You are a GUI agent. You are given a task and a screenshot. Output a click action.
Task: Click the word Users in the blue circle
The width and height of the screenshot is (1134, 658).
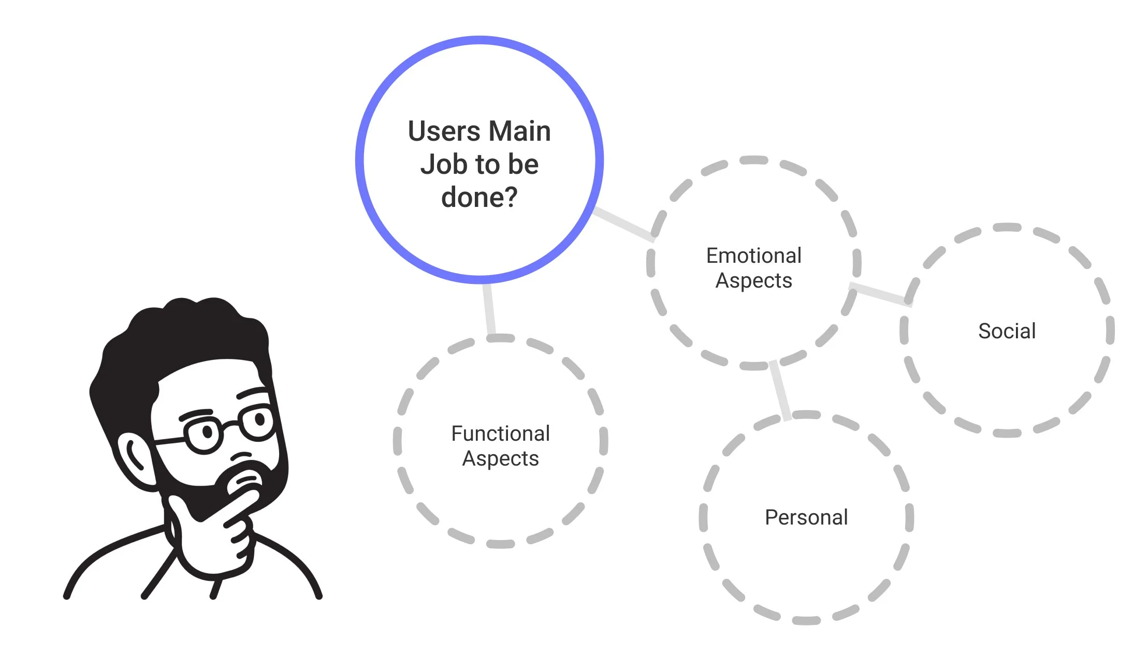pyautogui.click(x=444, y=131)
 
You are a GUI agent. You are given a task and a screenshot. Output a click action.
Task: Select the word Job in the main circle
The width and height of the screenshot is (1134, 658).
pyautogui.click(x=443, y=165)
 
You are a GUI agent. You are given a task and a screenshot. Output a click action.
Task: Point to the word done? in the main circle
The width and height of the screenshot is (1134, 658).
pyautogui.click(x=479, y=198)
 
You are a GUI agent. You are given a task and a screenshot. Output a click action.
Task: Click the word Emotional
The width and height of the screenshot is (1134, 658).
pyautogui.click(x=753, y=256)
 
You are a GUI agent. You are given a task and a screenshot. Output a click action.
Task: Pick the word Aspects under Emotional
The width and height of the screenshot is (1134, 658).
pyautogui.click(x=753, y=281)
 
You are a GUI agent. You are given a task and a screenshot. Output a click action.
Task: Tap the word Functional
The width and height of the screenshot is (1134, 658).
pyautogui.click(x=500, y=433)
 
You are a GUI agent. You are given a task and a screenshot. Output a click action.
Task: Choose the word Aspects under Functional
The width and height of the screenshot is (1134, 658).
pyautogui.click(x=500, y=459)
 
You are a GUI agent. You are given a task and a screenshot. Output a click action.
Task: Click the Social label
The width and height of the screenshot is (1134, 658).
pyautogui.click(x=1007, y=331)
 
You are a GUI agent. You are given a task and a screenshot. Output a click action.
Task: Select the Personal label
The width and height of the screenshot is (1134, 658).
pyautogui.click(x=806, y=517)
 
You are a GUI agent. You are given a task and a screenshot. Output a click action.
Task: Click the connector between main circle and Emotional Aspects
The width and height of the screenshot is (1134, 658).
pyautogui.click(x=623, y=224)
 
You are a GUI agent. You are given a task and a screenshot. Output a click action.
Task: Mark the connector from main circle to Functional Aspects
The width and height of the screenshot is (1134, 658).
pyautogui.click(x=489, y=309)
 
